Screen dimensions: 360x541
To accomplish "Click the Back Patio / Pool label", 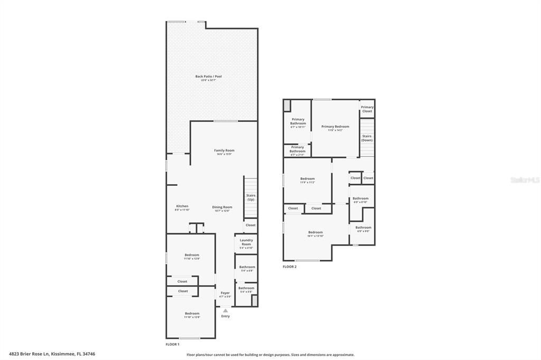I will pos(208,77).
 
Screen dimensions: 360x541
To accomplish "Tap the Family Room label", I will pos(224,150).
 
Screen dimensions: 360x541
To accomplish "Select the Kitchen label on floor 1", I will pos(182,206).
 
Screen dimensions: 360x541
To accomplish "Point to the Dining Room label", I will pos(222,207).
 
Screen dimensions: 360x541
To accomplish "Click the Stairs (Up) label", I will pos(250,197).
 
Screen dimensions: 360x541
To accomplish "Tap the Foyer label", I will pos(225,293).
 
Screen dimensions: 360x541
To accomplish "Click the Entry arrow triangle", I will pos(225,310).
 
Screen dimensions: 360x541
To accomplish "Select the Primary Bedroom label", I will pos(335,127).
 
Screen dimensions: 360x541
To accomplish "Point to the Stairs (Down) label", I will pos(367,138).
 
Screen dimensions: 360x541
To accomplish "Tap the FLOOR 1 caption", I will pos(173,344).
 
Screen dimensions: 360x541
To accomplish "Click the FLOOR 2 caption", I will pos(290,267).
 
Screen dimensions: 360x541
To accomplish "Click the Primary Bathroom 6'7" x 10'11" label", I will pos(298,121).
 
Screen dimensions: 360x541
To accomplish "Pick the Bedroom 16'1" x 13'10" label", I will pos(315,233).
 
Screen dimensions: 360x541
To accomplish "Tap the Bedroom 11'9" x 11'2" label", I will pos(307,179).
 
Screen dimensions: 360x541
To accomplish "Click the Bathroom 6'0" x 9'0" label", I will pos(363,228).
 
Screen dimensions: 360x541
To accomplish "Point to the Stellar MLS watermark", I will pos(525,180).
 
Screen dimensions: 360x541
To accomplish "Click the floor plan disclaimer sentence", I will pos(270,355).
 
